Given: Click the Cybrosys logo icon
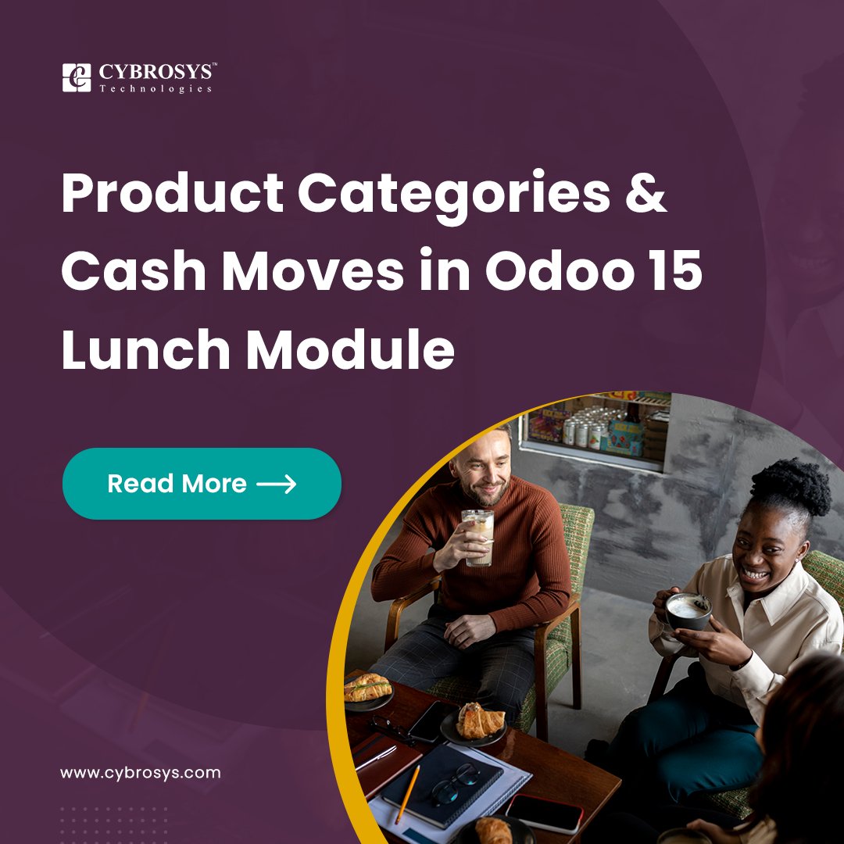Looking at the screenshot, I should coord(77,78).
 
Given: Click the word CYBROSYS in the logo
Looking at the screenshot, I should coord(156,72).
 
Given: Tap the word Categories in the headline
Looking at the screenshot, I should coord(453,195).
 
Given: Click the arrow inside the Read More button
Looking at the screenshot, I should coord(277,484).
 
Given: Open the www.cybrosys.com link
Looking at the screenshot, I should coord(141,773).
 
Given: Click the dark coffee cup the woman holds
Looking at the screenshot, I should coord(688,610).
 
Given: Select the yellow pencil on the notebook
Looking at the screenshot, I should coord(407,793).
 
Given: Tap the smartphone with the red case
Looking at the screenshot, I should coord(544,813).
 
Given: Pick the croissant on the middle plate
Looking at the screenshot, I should coord(480,720).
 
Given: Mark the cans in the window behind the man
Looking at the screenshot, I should coord(582,431).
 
